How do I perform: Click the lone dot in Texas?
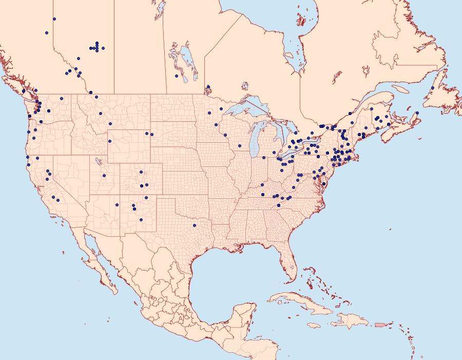(194, 225)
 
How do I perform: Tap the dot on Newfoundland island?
(433, 88)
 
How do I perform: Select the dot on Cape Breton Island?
(417, 112)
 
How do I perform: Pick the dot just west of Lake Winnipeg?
(176, 76)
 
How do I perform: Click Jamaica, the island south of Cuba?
(314, 325)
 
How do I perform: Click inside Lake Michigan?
(256, 144)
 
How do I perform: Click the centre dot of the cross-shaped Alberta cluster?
(97, 48)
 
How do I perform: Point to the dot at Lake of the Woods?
(208, 87)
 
